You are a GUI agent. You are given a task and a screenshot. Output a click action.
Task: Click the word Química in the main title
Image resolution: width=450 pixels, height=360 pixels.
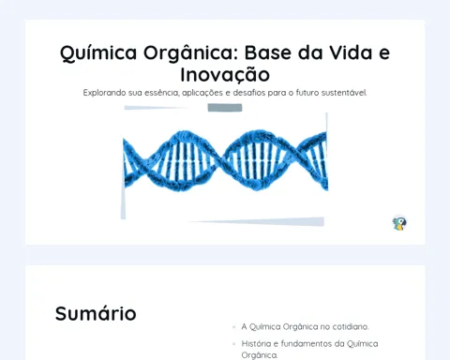[x=98, y=53]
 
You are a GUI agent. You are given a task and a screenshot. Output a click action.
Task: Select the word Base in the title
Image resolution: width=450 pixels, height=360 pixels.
[x=268, y=52]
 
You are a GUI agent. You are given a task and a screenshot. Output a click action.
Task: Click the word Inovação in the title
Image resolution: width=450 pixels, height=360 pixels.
[x=225, y=75]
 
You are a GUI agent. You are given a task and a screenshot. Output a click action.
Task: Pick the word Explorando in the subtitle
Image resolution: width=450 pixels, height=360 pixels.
[x=104, y=93]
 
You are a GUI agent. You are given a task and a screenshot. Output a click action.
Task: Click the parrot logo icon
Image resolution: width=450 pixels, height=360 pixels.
[x=399, y=223]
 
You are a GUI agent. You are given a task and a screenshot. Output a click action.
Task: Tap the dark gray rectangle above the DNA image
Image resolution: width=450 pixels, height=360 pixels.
[x=225, y=108]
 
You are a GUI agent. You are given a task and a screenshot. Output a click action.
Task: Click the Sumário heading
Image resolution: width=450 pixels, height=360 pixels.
[x=96, y=313]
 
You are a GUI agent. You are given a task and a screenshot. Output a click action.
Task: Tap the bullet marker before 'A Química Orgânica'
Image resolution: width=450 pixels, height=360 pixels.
[x=233, y=327]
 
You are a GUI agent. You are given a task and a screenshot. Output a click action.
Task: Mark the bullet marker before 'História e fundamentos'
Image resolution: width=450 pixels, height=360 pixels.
[x=233, y=344]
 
